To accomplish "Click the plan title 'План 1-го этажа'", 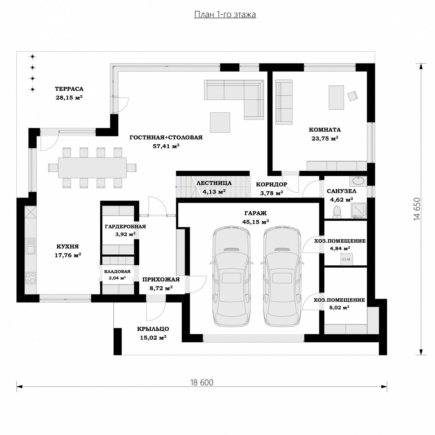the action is tap(225, 14).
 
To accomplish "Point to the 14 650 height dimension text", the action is tap(417, 209).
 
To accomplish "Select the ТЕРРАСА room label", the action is tap(69, 89).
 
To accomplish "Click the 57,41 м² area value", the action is tap(166, 146).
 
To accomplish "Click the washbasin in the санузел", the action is tap(358, 181).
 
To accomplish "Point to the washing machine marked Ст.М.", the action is tap(347, 259).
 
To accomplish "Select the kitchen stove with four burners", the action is tap(30, 278).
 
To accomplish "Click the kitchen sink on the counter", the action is tap(30, 246).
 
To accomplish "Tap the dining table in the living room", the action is tap(92, 168).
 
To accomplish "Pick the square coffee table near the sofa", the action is tap(220, 122).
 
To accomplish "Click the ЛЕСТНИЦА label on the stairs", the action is tap(214, 183).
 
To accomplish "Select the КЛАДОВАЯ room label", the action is tap(117, 272).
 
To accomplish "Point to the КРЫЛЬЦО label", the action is tap(153, 329).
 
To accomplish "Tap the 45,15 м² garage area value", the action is tap(256, 222).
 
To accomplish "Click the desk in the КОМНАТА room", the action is tap(336, 97).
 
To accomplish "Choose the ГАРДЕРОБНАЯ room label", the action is tap(125, 227).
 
